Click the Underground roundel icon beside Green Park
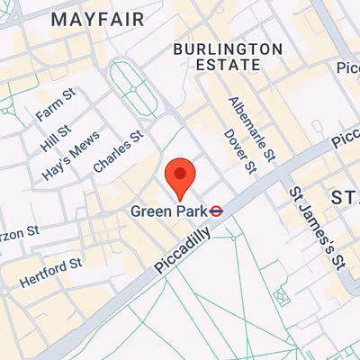pos(216,211)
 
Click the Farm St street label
pos(52,110)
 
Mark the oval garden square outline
pos(132,90)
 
